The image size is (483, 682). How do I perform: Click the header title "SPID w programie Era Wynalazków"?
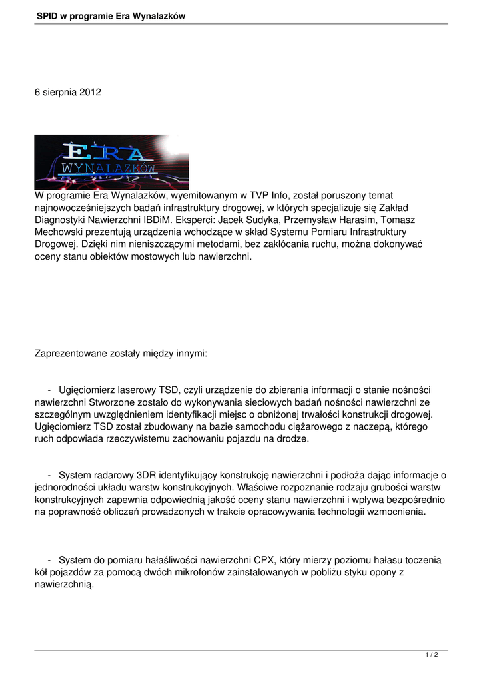(111, 15)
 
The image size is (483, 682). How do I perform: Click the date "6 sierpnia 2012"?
(68, 92)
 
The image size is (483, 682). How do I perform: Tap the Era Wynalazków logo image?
(111, 162)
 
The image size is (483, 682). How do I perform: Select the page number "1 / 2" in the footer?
(432, 655)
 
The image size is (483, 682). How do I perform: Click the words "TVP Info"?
(267, 196)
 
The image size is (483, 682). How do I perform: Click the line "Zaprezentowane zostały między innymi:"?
(121, 354)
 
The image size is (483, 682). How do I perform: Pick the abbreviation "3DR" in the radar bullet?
(147, 475)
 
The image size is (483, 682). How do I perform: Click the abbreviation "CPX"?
(292, 561)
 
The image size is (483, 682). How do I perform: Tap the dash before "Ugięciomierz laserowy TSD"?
(50, 389)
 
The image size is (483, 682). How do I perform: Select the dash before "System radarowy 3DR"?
(50, 475)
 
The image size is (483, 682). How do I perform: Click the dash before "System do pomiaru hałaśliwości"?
(50, 561)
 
